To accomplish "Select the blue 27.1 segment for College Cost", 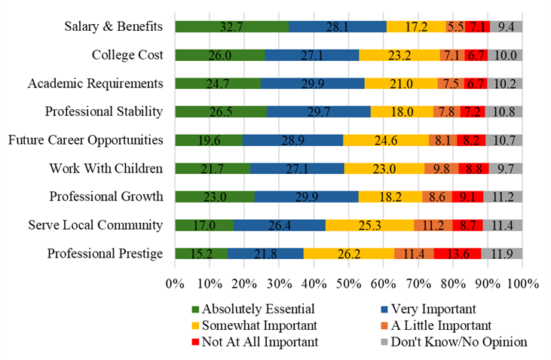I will (311, 55).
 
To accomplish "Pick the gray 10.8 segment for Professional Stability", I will (504, 111).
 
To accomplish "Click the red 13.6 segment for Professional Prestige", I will (457, 253).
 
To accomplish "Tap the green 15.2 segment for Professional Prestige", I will (201, 253).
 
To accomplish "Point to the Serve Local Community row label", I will (95, 224).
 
